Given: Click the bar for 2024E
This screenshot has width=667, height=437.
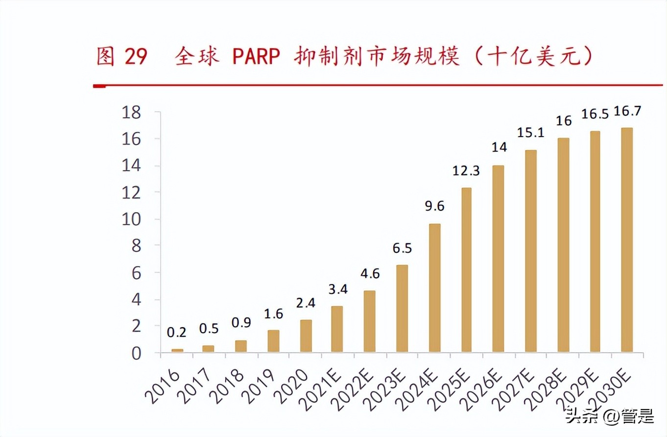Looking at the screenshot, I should [x=434, y=288].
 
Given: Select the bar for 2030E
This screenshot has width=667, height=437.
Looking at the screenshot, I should [x=627, y=240].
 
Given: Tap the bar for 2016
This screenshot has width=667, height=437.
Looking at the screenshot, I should [x=177, y=350].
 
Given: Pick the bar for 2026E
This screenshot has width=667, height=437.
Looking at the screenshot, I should [x=499, y=259].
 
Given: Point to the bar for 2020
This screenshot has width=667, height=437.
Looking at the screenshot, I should [x=306, y=336].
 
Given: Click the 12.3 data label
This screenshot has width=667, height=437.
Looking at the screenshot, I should [x=466, y=171].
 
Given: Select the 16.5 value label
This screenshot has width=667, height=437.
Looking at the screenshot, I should [x=595, y=114].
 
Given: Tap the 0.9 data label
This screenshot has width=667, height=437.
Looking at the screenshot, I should [x=241, y=323].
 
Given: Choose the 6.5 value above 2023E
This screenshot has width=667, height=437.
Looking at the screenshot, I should [x=402, y=248].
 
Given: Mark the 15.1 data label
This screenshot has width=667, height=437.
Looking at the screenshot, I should [x=530, y=133].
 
